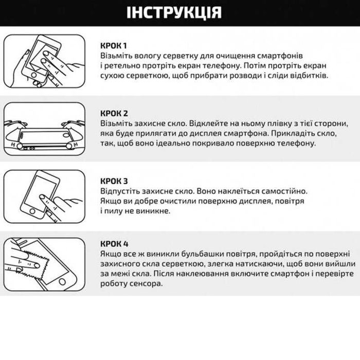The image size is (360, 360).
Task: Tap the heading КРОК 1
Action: point(113,45)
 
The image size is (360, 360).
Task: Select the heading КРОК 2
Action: point(114,113)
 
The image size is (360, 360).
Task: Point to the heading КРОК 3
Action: point(114,181)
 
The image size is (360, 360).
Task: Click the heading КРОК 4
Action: point(114,244)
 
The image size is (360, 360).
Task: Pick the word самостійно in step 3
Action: point(282,191)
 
